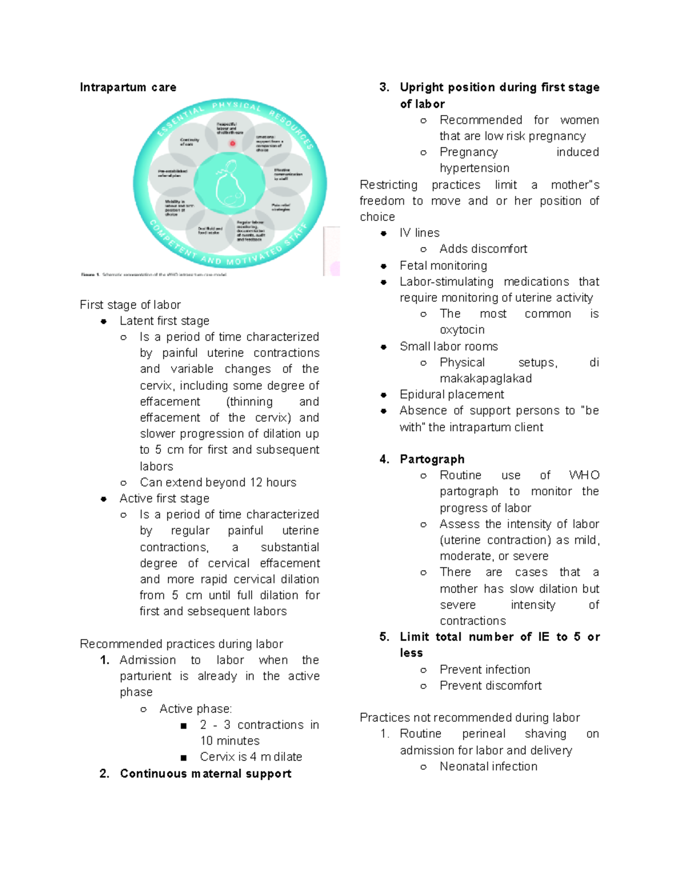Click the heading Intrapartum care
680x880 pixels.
[x=128, y=87]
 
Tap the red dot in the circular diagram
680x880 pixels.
[x=232, y=143]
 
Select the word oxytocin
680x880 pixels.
[x=462, y=330]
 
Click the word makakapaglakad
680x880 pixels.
[x=486, y=379]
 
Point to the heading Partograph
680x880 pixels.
[x=432, y=459]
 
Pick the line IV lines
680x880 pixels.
[x=419, y=233]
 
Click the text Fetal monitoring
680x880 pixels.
[x=443, y=266]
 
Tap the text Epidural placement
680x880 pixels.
[x=452, y=394]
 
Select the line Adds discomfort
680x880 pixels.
[x=483, y=249]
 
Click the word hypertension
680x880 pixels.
[x=474, y=168]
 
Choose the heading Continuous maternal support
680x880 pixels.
[x=206, y=773]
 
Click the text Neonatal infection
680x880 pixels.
[x=488, y=767]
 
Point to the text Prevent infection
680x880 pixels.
[x=485, y=670]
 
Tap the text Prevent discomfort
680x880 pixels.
[x=491, y=686]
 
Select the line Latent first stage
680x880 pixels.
[x=164, y=321]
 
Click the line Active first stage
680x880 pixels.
[x=164, y=499]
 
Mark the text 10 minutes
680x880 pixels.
[x=229, y=741]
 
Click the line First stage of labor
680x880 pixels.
[x=130, y=305]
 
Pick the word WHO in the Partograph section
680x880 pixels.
[x=584, y=475]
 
